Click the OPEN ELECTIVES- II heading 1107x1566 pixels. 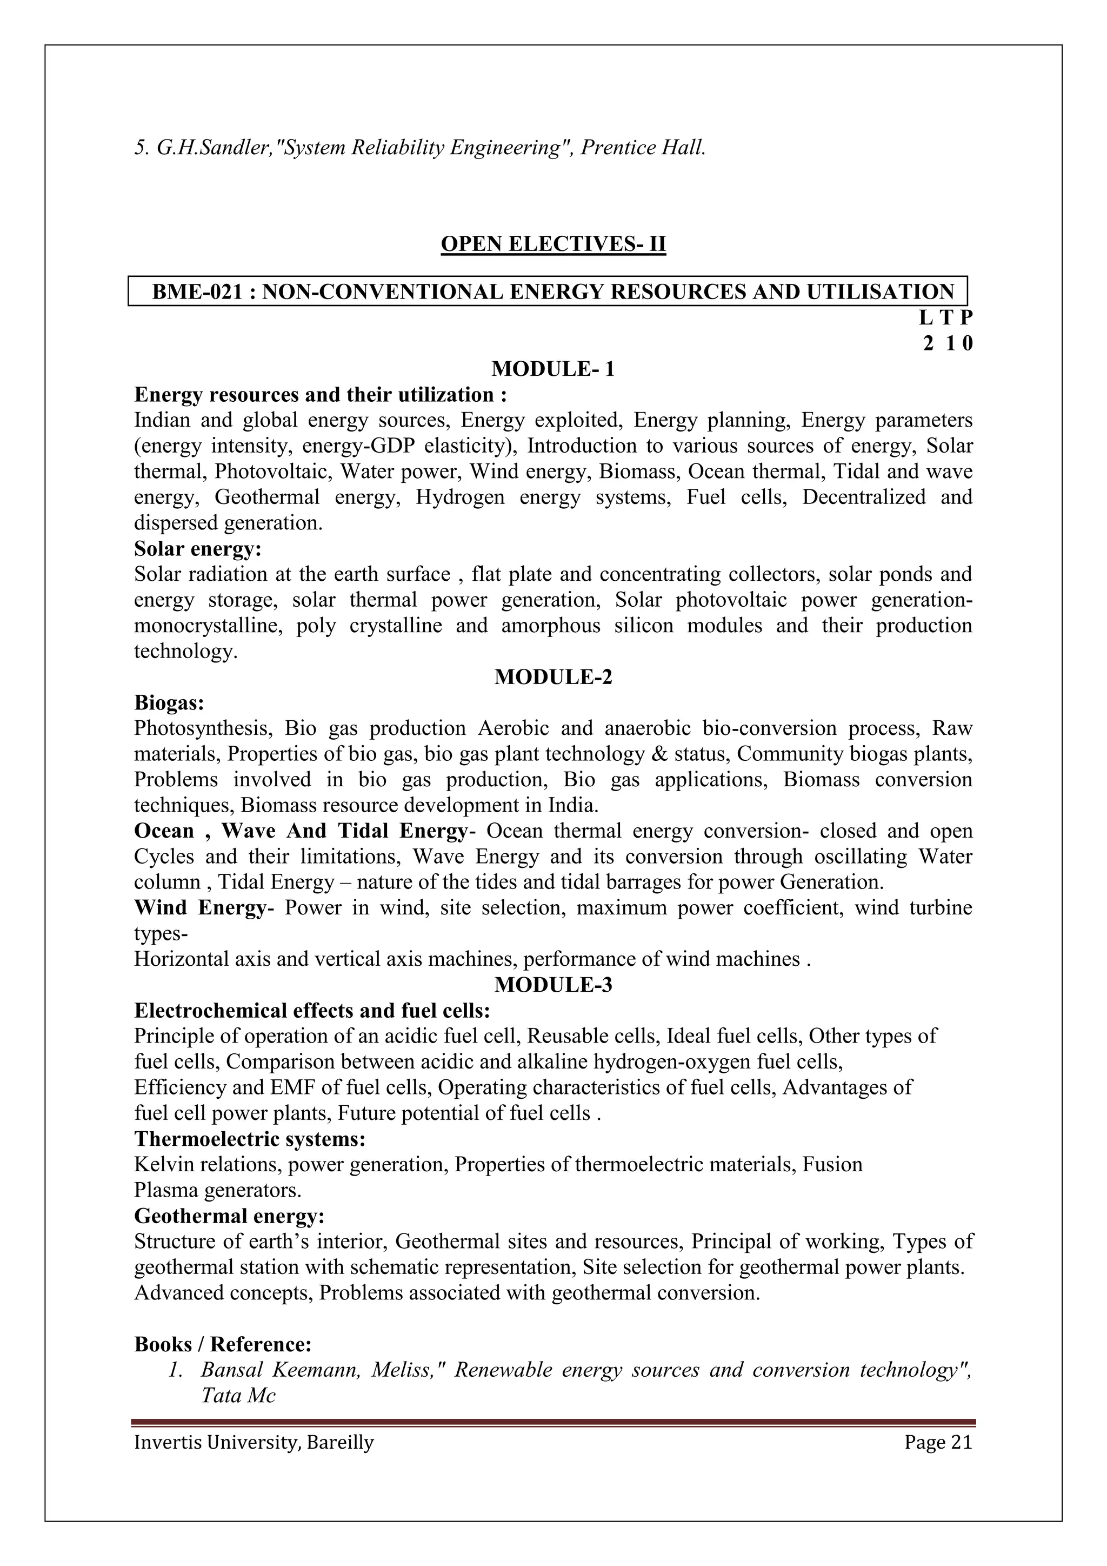pos(553,243)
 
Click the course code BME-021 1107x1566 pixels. pos(197,292)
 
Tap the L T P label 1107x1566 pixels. pos(945,318)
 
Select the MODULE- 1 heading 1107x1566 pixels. pos(553,369)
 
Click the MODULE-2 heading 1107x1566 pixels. pos(553,677)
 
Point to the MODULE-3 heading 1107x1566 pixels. pos(553,985)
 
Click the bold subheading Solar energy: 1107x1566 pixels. pos(198,548)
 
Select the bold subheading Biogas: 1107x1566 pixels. pos(169,702)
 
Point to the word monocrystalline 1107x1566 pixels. pos(207,626)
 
